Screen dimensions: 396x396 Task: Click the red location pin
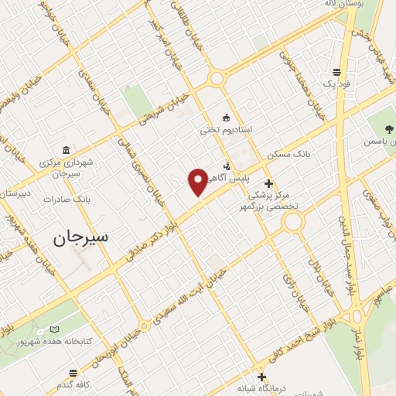pyautogui.click(x=198, y=181)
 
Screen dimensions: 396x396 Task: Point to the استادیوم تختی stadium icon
pyautogui.click(x=226, y=118)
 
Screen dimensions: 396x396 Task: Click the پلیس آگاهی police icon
pyautogui.click(x=226, y=166)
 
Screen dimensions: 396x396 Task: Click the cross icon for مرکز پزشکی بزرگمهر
pyautogui.click(x=268, y=184)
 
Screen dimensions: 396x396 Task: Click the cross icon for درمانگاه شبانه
pyautogui.click(x=262, y=376)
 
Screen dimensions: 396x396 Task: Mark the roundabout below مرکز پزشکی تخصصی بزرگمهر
pyautogui.click(x=293, y=223)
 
